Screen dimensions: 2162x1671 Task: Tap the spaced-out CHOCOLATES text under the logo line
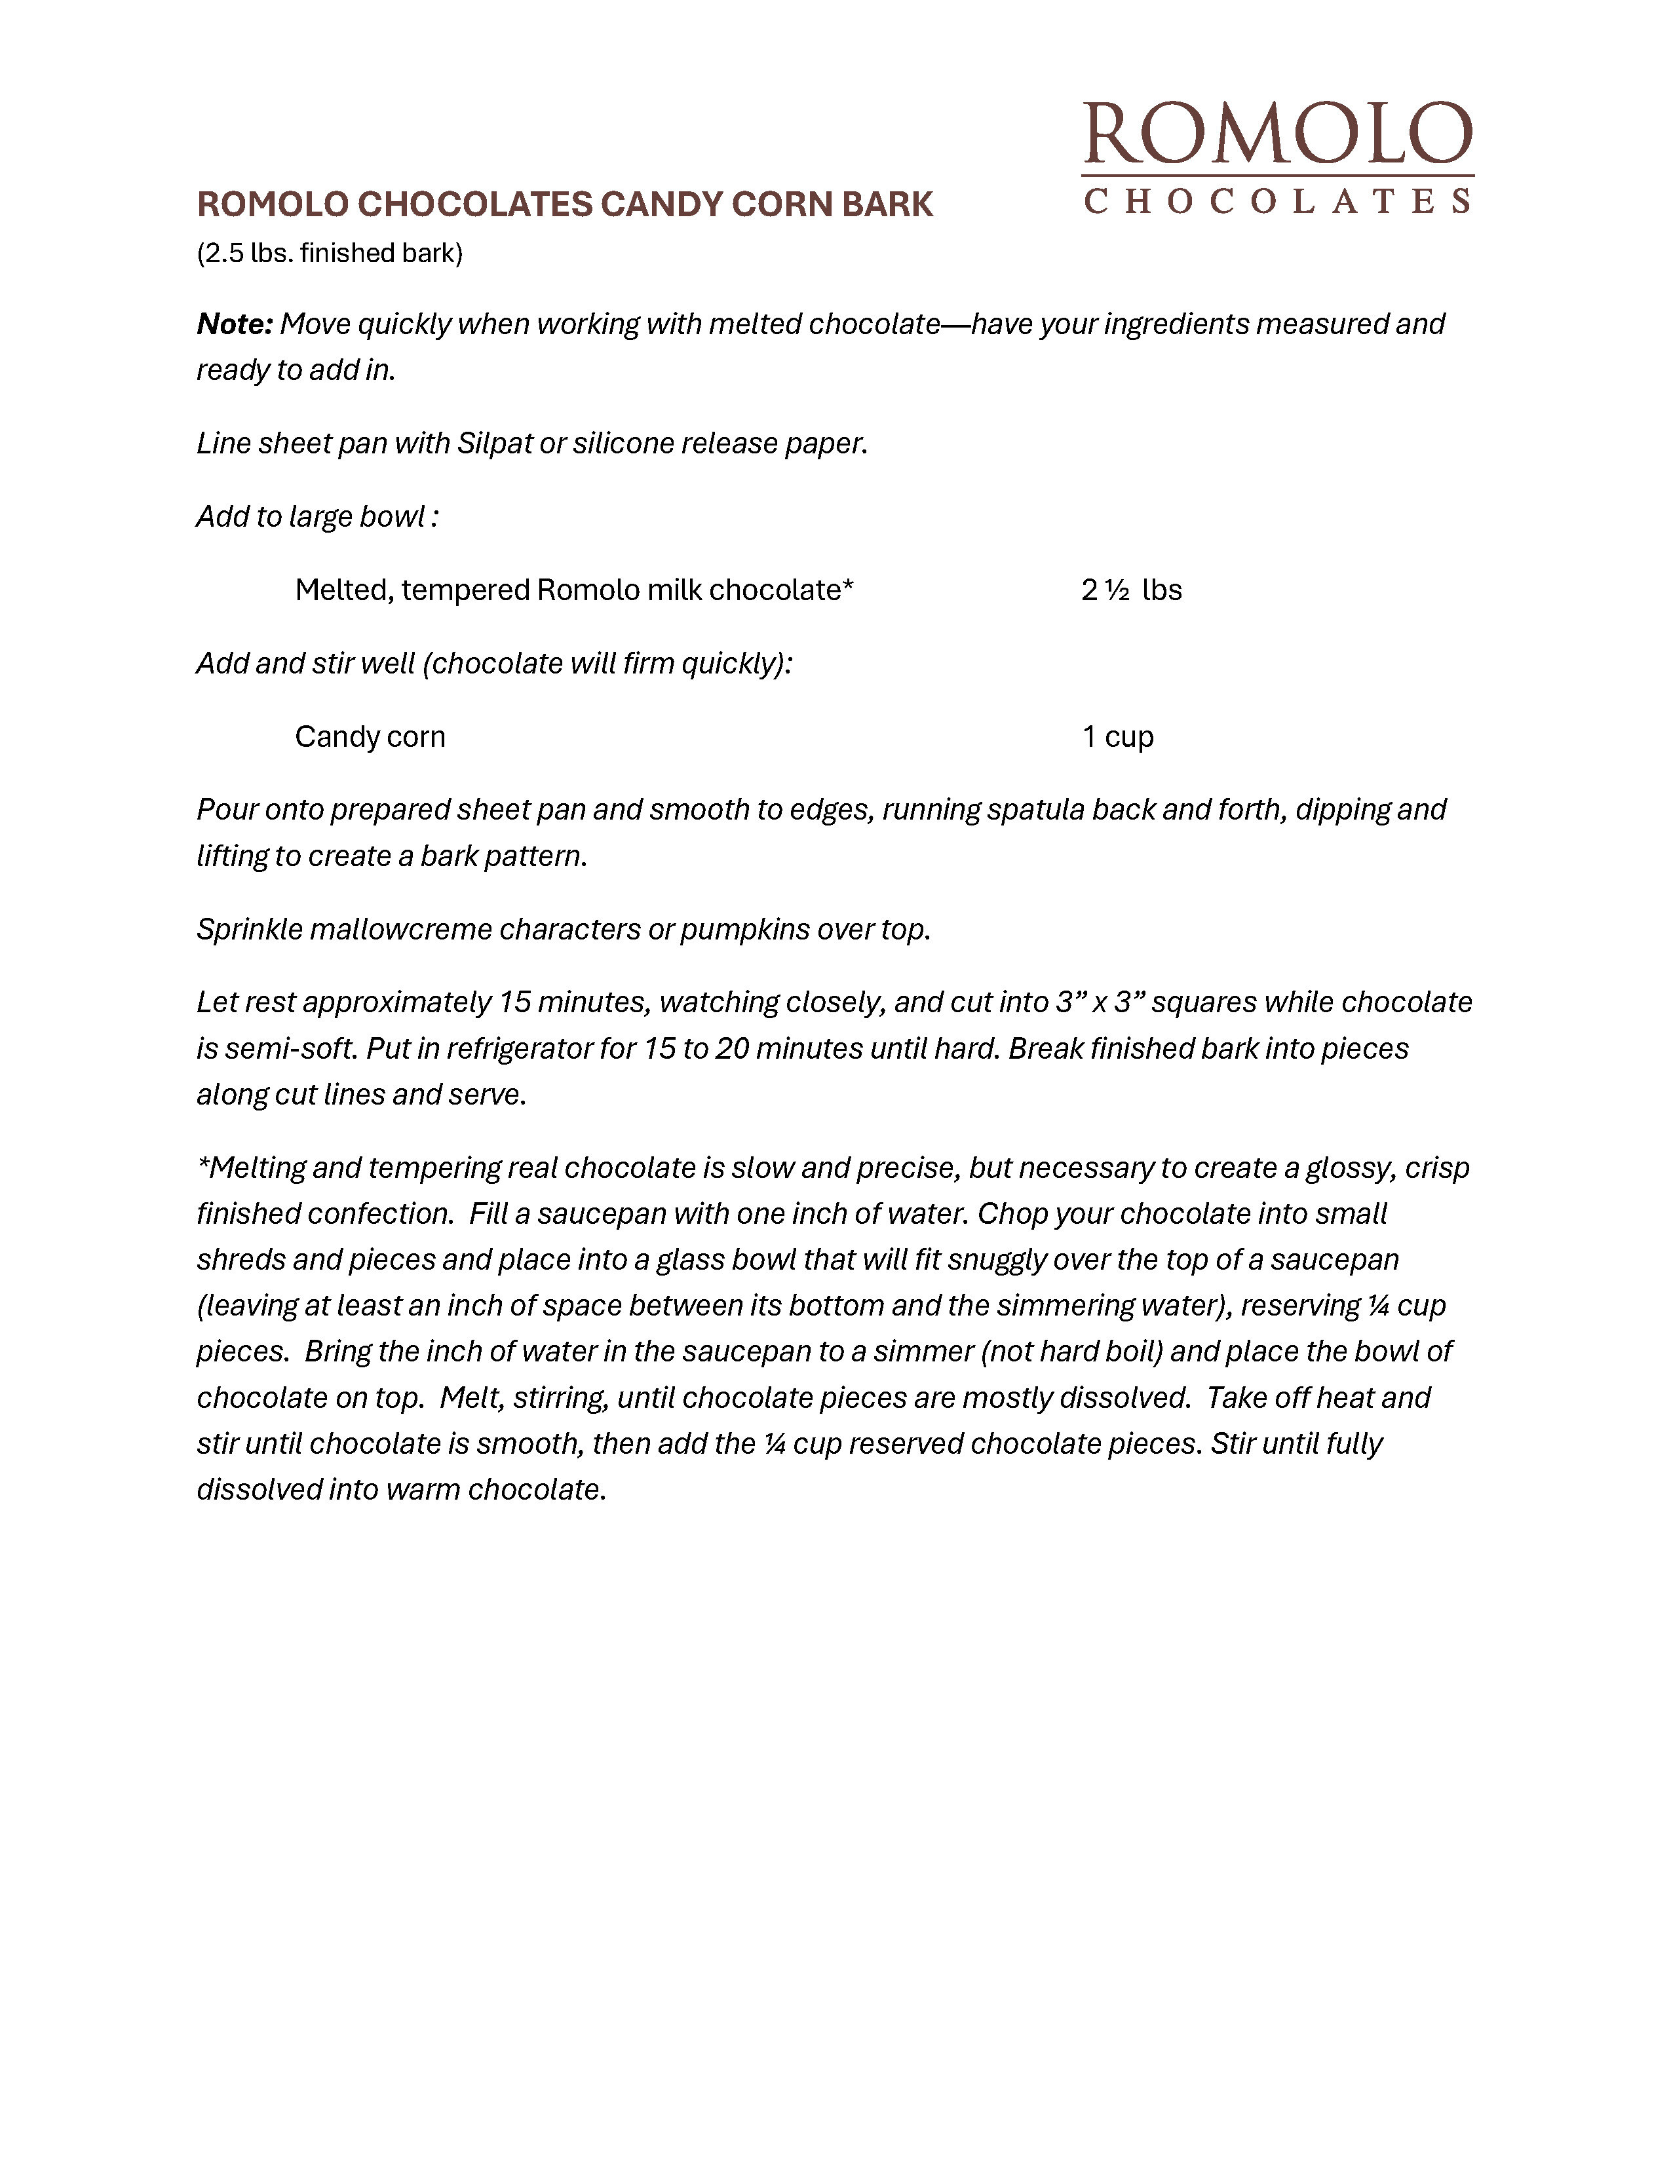coord(1277,202)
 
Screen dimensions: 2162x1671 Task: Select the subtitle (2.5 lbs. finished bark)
coord(330,254)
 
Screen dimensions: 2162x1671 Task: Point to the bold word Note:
coord(235,324)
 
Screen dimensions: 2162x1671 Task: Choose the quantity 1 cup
coord(1118,736)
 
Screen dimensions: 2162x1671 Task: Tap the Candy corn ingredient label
coord(370,736)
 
